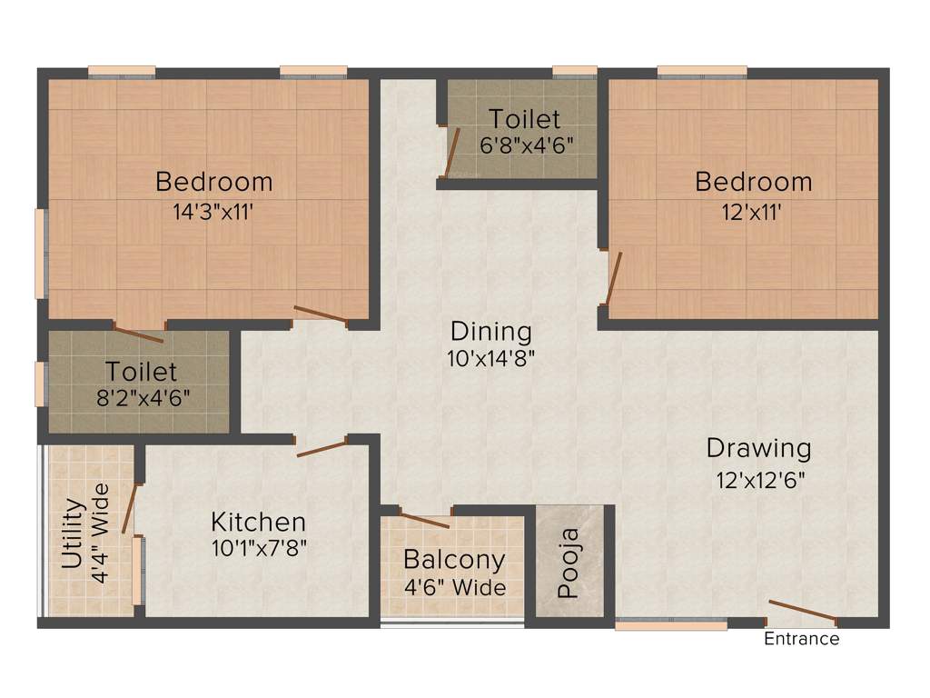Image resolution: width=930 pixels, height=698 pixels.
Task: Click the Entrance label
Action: point(801,639)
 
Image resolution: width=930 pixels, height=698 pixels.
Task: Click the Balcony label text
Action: point(454,560)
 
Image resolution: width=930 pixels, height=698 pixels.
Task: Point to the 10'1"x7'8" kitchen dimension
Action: point(258,549)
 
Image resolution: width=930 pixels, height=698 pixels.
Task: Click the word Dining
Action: point(490,331)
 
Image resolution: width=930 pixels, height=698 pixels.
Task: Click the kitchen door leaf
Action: point(322,449)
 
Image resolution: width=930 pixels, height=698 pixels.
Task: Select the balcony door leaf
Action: point(424,521)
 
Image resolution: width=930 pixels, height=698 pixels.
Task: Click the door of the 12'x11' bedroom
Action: point(614,276)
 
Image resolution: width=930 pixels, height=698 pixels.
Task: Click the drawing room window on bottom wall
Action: point(670,624)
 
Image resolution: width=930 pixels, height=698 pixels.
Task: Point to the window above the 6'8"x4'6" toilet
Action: point(574,71)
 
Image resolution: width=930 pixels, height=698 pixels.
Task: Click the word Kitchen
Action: point(258,523)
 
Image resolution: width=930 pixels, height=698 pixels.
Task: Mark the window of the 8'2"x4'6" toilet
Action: point(39,384)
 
